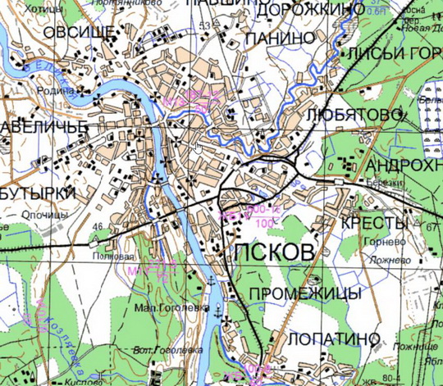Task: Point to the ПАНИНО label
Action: (280, 38)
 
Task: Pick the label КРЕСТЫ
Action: (374, 224)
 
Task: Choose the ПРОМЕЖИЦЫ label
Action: (304, 293)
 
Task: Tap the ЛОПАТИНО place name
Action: (334, 338)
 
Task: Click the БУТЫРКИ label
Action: (38, 193)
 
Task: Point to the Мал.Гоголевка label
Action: (164, 308)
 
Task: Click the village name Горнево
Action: (383, 244)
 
